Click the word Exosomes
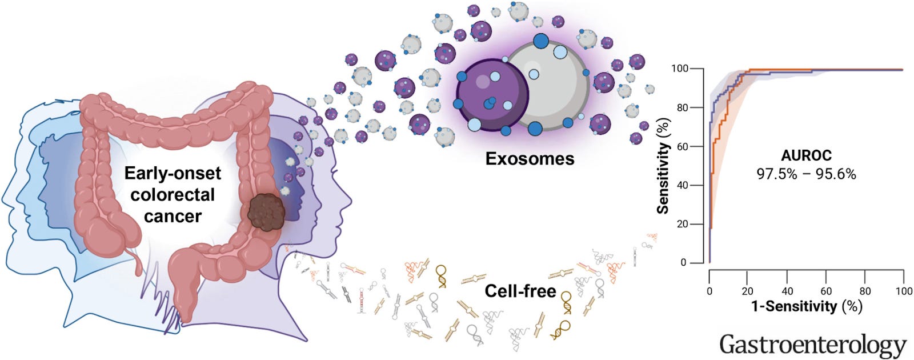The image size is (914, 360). pos(530,158)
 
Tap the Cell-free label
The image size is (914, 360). pos(520,291)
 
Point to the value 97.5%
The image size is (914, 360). pos(777,174)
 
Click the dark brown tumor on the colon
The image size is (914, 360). pos(267,211)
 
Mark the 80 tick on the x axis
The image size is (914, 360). pos(865,291)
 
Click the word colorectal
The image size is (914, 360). pos(172,195)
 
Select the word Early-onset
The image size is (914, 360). pos(172,173)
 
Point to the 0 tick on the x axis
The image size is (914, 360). pos(709,291)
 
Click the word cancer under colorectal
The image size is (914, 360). pos(172,217)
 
